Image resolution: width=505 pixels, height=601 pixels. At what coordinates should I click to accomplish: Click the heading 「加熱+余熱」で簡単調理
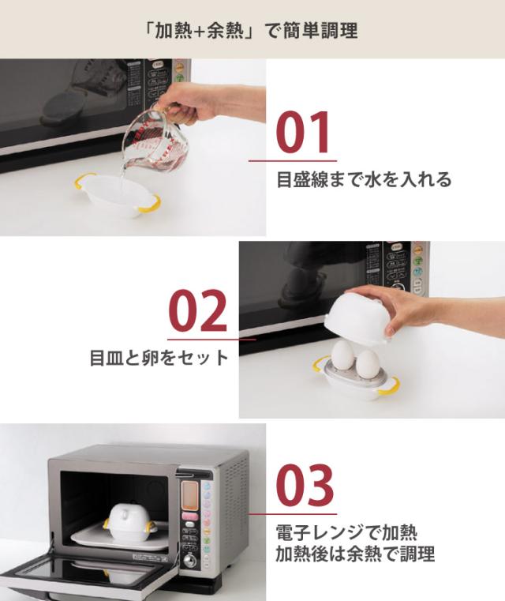252,30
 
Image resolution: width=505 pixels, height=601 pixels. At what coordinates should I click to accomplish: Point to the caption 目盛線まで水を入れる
364,180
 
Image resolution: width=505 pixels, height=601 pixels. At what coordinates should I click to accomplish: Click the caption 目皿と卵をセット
158,357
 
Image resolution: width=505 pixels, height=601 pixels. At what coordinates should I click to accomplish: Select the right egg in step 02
367,364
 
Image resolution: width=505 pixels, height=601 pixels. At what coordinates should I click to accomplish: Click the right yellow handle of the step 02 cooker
388,385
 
